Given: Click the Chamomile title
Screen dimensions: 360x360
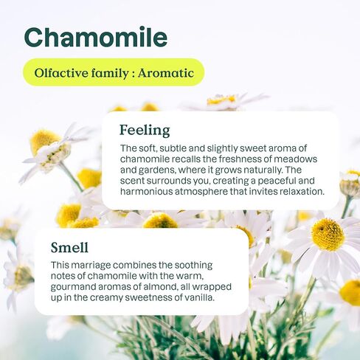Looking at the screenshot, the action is coord(96,37).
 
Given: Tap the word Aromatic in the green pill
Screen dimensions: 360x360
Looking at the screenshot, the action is coord(166,73).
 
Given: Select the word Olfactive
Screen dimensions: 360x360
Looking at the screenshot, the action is coord(61,73).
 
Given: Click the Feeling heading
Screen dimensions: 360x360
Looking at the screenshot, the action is coord(145,131).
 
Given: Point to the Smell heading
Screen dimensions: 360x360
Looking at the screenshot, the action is coord(69,247).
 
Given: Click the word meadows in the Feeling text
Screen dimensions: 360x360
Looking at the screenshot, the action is coord(295,159).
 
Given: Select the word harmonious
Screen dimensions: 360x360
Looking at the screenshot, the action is coord(147,192).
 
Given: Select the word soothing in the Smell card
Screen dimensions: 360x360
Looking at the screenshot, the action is coord(193,266).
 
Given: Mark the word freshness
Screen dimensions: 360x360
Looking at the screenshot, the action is coord(240,159).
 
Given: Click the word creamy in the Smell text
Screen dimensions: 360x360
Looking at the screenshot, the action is coord(106,298).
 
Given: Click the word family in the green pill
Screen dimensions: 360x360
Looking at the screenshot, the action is coord(110,73).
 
